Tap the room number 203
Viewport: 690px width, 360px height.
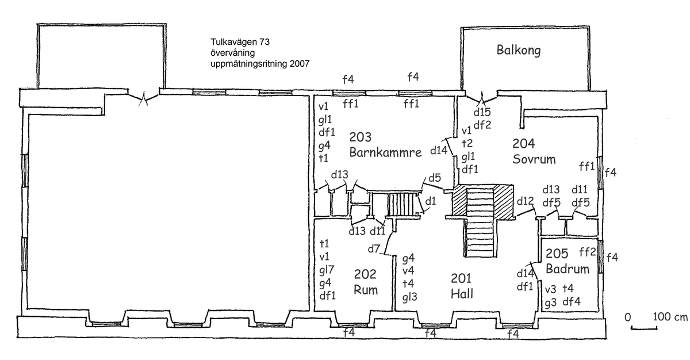pos(361,137)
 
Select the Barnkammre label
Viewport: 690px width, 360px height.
pos(385,152)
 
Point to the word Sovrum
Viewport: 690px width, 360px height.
pos(534,159)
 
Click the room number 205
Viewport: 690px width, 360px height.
pos(557,254)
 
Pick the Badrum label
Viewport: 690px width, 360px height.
pos(568,269)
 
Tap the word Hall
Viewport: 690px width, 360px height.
pos(462,292)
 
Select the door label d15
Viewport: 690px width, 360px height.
pos(483,112)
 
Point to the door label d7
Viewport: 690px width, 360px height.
pos(374,250)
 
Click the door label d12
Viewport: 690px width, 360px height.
pos(526,201)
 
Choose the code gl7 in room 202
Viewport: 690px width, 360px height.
pos(327,269)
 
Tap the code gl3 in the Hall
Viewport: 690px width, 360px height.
pos(410,297)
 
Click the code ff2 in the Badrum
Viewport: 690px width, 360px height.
pos(587,251)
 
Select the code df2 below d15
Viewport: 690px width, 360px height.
pos(482,124)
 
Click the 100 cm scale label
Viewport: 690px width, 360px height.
pos(670,317)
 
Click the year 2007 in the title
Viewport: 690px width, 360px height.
pos(299,64)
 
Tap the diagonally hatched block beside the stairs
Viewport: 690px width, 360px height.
pos(461,202)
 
